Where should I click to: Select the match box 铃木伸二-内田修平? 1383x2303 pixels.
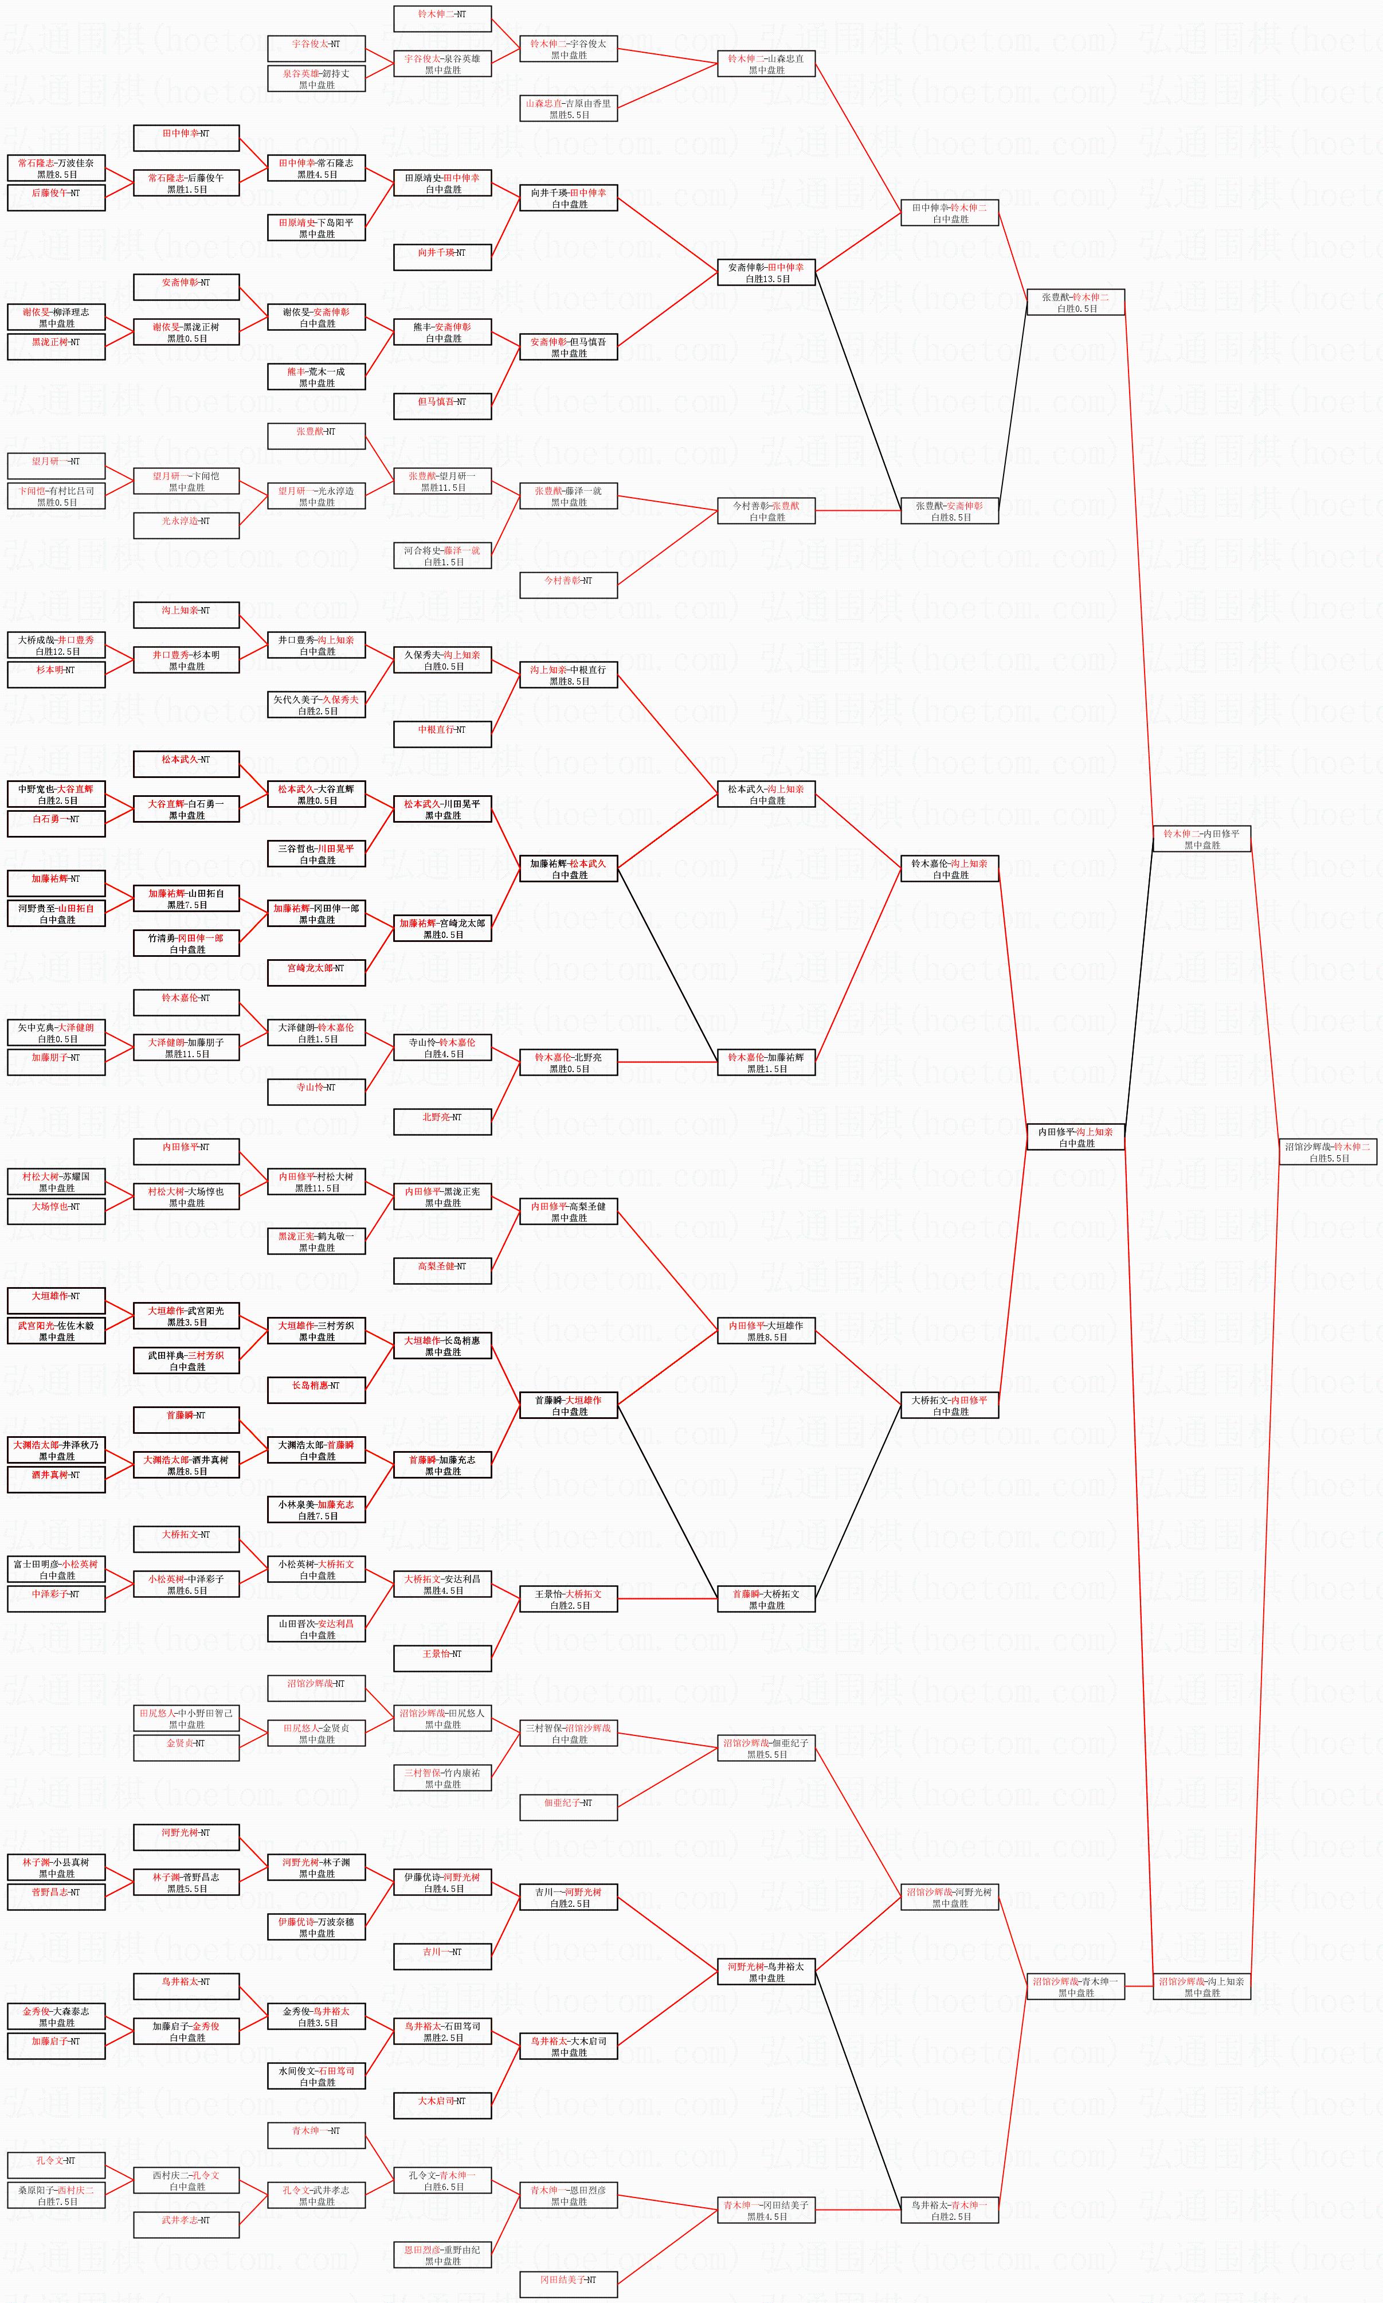pos(1201,839)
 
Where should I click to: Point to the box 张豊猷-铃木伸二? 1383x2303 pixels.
pos(1075,302)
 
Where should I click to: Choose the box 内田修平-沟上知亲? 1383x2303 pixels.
pos(1075,1137)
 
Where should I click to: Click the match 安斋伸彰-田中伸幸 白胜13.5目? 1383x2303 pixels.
pos(766,272)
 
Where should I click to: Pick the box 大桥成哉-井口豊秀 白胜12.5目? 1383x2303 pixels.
pos(56,645)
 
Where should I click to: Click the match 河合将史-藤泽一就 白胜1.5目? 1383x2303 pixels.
pos(442,556)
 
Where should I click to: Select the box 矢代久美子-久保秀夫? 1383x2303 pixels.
pos(316,705)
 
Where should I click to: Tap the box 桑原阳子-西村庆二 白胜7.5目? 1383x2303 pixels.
pos(56,2196)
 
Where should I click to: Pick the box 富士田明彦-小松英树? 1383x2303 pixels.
pos(56,1570)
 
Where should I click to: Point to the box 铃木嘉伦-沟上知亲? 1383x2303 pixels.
pos(950,869)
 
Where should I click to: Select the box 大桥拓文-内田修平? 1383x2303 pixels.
pos(950,1405)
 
